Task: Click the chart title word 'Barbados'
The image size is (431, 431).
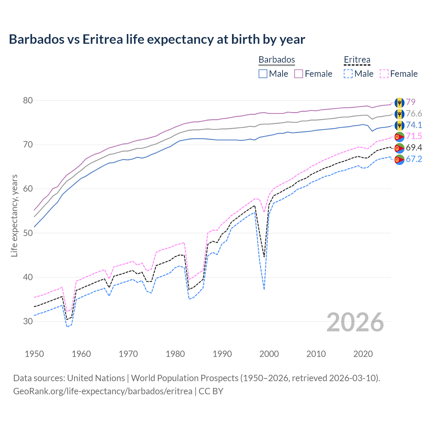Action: [x=36, y=39]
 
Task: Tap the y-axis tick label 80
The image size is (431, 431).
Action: [x=28, y=100]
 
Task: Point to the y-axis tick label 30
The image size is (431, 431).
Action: [x=28, y=321]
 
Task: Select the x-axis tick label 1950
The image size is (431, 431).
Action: [x=34, y=354]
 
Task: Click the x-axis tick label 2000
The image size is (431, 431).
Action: [x=269, y=354]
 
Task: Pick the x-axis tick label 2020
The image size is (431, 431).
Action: [x=363, y=354]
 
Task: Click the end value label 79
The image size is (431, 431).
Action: [x=410, y=102]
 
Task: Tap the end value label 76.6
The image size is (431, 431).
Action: [x=413, y=113]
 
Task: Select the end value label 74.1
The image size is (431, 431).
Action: [x=413, y=125]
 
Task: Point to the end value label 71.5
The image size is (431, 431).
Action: [x=413, y=136]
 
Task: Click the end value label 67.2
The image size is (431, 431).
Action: [x=413, y=159]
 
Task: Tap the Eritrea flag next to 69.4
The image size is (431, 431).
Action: [x=399, y=148]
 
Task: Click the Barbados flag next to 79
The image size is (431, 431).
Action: [x=399, y=102]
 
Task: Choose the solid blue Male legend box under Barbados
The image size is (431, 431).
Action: [x=263, y=74]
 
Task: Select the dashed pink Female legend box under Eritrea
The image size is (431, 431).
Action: [x=384, y=74]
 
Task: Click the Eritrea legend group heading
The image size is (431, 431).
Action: [x=357, y=60]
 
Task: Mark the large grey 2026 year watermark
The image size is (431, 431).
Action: [x=355, y=322]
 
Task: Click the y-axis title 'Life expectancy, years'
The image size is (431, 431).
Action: [x=14, y=215]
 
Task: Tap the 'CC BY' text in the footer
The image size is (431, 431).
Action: [x=211, y=391]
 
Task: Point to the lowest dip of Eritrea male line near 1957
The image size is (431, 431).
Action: [x=67, y=327]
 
